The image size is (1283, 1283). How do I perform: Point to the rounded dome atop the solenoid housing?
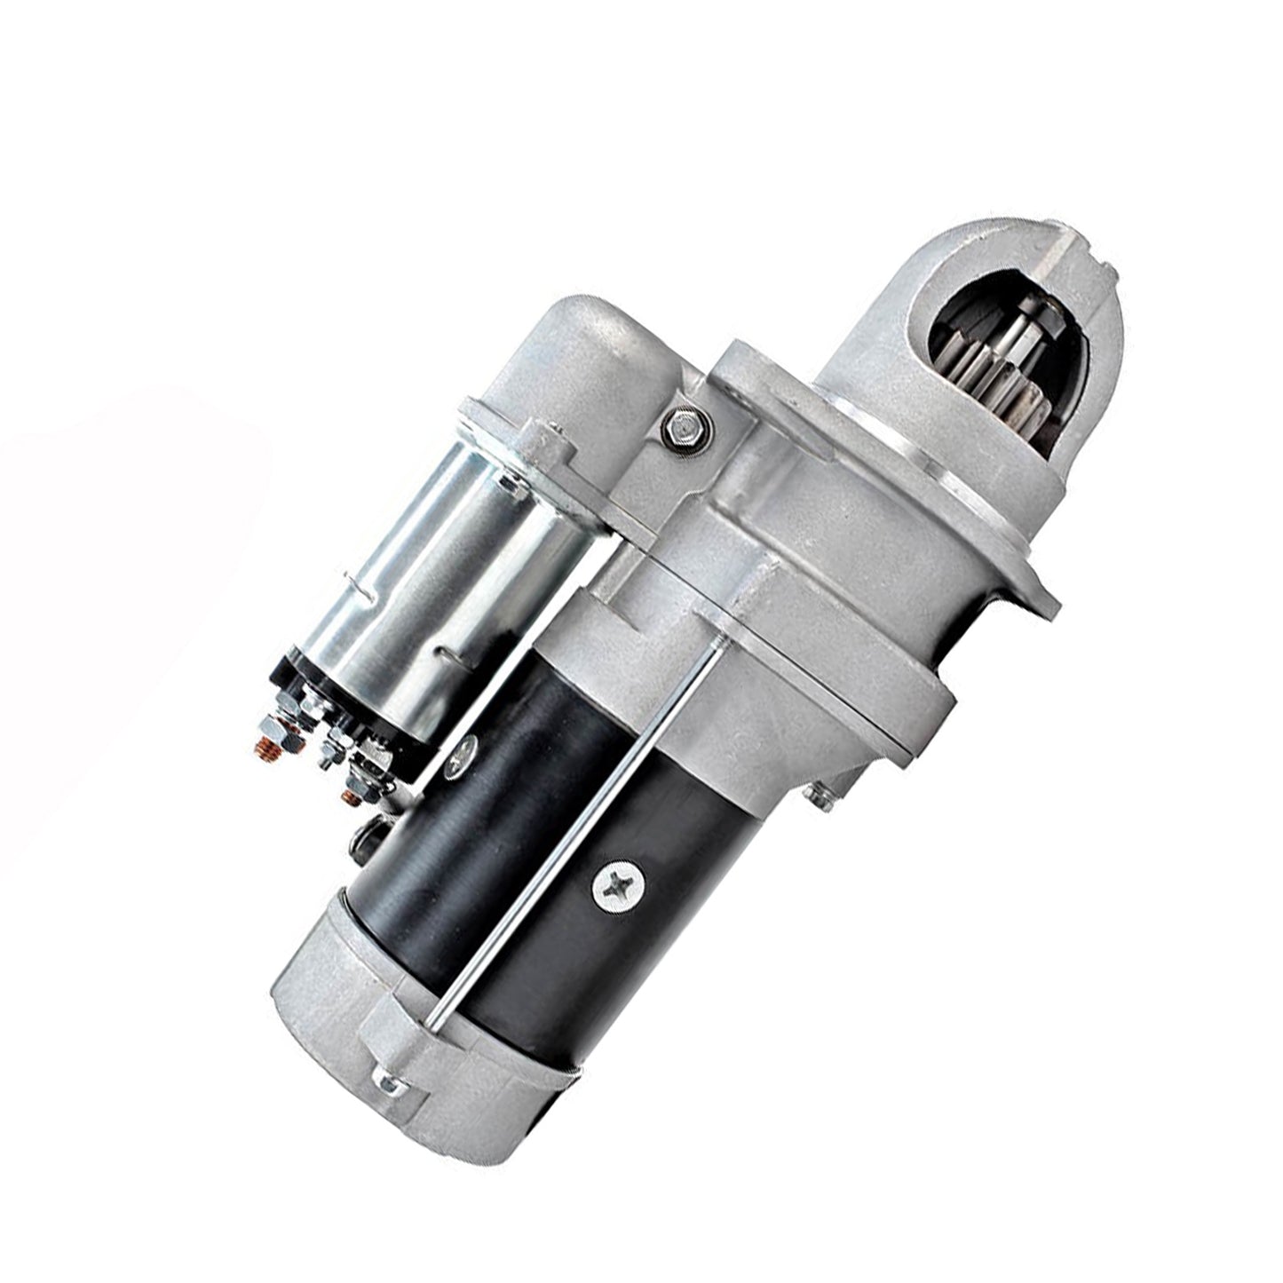pyautogui.click(x=595, y=346)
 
